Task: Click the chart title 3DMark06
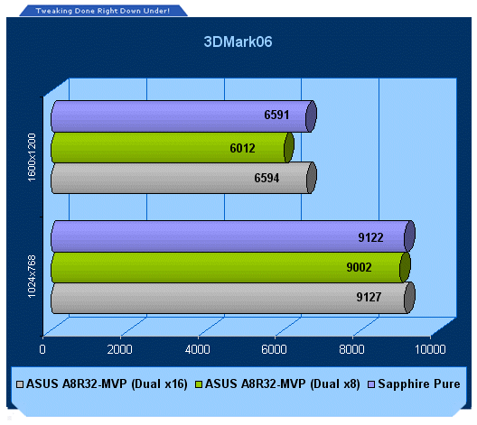238,42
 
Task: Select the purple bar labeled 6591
183,116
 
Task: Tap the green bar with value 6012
173,148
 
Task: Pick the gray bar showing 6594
183,178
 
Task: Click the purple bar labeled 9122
233,236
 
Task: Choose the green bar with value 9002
230,267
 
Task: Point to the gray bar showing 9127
233,298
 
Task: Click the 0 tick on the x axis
42,349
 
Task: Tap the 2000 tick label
119,349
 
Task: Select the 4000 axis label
197,349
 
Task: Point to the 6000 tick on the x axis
274,349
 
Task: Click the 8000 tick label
351,349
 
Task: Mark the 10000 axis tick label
430,349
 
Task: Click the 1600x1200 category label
32,157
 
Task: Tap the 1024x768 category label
32,276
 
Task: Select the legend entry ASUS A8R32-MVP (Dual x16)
102,384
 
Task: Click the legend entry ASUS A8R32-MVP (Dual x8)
277,384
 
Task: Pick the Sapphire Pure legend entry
414,384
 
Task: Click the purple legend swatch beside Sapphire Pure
371,384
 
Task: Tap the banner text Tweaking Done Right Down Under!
102,11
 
